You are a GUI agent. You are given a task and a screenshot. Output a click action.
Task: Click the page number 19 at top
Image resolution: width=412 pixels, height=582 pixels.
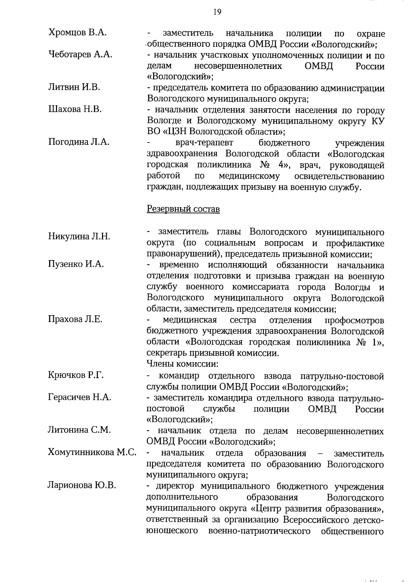click(x=217, y=12)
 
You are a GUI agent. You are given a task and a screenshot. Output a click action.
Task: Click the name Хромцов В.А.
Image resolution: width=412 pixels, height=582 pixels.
click(x=77, y=33)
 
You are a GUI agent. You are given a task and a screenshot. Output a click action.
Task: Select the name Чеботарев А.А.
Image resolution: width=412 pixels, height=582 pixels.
click(x=80, y=55)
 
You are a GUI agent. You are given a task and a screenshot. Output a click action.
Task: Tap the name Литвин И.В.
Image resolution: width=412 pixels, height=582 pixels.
click(x=74, y=87)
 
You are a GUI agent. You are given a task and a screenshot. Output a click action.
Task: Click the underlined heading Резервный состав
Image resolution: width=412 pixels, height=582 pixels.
click(x=183, y=209)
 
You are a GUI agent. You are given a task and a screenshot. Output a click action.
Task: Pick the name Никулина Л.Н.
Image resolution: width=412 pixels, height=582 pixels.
click(x=79, y=236)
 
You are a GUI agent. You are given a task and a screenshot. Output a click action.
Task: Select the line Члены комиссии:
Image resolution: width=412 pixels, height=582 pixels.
click(x=183, y=364)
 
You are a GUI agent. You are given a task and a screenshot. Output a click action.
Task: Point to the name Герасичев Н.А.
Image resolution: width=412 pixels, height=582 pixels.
click(x=79, y=397)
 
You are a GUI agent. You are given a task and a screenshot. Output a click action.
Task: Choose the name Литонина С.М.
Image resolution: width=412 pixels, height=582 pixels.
click(x=79, y=430)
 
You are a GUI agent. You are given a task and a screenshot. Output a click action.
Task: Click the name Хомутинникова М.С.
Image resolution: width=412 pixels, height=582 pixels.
click(x=92, y=452)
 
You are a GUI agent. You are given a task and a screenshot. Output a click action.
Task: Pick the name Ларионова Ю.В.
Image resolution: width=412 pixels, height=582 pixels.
click(x=81, y=485)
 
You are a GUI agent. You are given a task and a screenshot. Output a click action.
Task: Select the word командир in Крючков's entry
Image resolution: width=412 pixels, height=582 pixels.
click(x=179, y=376)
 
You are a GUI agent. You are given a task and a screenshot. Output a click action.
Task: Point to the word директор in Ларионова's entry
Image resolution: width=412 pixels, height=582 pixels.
click(x=176, y=486)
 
